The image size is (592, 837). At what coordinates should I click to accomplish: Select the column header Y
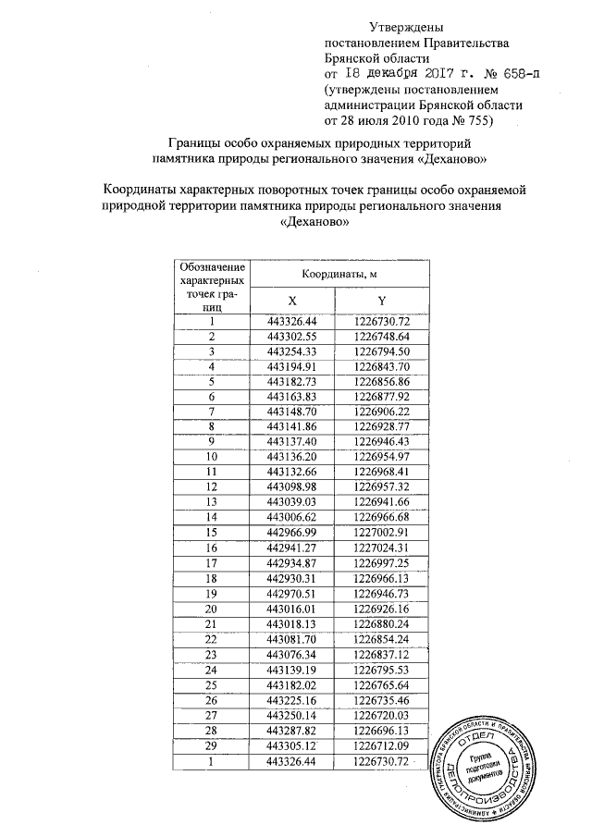(381, 301)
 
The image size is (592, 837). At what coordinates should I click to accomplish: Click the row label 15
(212, 532)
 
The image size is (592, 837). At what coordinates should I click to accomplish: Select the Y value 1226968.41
(381, 472)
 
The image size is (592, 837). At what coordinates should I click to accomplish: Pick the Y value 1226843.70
(381, 366)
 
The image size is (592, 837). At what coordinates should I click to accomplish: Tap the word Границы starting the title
(193, 144)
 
